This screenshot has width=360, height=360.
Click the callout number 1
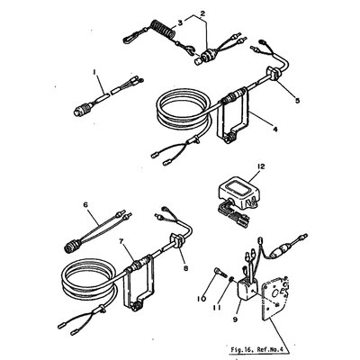[94, 72]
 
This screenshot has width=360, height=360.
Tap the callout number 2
[202, 13]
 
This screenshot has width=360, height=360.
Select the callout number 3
[179, 22]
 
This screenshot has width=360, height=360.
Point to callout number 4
[275, 129]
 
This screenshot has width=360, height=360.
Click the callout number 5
[297, 101]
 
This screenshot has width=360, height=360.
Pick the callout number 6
[85, 204]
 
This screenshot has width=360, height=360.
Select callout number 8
[186, 268]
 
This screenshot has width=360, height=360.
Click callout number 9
[235, 319]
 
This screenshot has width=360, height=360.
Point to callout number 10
[202, 299]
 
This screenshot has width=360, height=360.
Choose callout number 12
[261, 166]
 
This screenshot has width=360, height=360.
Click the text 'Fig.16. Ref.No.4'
[255, 350]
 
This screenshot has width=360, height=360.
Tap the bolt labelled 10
[220, 273]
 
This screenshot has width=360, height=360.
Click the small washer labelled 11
[231, 280]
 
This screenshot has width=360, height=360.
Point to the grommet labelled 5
[273, 74]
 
